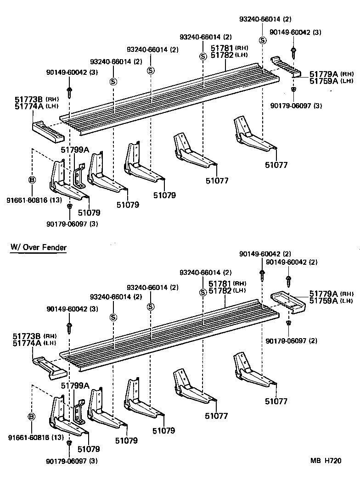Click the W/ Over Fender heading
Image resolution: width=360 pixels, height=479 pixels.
tap(39, 248)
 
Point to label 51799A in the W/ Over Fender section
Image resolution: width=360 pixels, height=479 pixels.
tap(75, 386)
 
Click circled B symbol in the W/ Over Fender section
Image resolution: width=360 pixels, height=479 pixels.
tap(31, 417)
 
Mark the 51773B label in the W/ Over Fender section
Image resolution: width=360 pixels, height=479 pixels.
tap(25, 336)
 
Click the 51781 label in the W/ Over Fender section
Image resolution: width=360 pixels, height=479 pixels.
tap(219, 284)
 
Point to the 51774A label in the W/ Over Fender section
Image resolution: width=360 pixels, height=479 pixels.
tap(25, 343)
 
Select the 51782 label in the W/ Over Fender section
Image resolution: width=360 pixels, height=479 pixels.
tap(219, 290)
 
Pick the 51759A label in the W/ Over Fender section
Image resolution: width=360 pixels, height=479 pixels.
tap(323, 301)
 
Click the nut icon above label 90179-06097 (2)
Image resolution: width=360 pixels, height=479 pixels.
tap(288, 324)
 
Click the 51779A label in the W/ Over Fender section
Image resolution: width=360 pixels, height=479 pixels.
tap(323, 294)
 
